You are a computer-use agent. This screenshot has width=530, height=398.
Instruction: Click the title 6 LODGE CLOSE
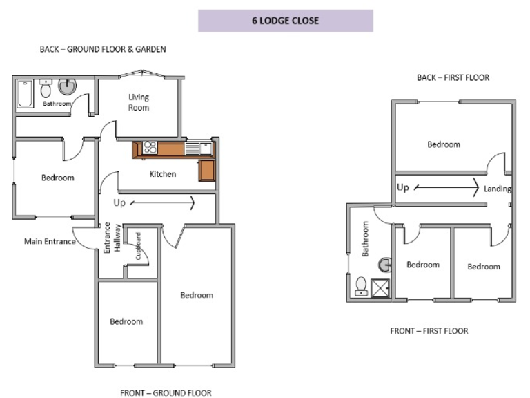pyautogui.click(x=285, y=21)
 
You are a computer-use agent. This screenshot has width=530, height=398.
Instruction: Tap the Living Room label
pyautogui.click(x=139, y=102)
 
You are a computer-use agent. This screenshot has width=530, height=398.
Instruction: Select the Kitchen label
pyautogui.click(x=163, y=174)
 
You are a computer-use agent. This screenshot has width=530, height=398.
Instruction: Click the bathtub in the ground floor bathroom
pyautogui.click(x=25, y=95)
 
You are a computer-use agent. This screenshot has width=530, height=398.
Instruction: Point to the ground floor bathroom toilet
pyautogui.click(x=46, y=89)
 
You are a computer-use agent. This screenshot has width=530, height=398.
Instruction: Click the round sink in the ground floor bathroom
pyautogui.click(x=68, y=86)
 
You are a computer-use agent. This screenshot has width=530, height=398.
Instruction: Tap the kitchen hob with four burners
pyautogui.click(x=150, y=148)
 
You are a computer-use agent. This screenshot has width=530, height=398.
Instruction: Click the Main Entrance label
pyautogui.click(x=50, y=242)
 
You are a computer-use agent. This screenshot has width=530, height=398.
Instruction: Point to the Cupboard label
pyautogui.click(x=138, y=246)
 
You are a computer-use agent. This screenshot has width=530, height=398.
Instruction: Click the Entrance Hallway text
pyautogui.click(x=112, y=238)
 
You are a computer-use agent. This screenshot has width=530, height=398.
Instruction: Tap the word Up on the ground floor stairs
pyautogui.click(x=119, y=203)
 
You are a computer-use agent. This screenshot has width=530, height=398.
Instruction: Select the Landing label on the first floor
pyautogui.click(x=497, y=189)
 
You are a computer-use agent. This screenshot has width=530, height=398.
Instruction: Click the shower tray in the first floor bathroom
pyautogui.click(x=380, y=287)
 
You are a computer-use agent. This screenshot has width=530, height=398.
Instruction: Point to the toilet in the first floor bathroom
pyautogui.click(x=360, y=286)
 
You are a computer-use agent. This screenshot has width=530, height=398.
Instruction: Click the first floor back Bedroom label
pyautogui.click(x=443, y=144)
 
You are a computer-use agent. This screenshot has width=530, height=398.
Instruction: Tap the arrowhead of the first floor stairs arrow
pyautogui.click(x=476, y=187)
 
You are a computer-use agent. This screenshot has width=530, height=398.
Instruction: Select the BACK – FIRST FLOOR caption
pyautogui.click(x=453, y=77)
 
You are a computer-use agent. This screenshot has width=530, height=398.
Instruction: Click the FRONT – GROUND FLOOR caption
pyautogui.click(x=166, y=393)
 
